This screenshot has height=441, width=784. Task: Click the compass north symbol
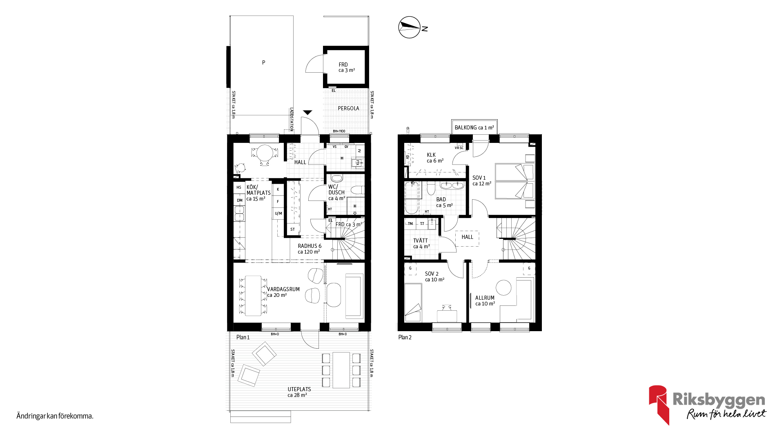coord(410,27)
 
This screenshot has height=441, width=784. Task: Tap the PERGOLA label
coord(348,108)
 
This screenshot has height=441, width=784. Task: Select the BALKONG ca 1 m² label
coord(474,127)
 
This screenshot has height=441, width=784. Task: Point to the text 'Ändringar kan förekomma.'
coord(55,416)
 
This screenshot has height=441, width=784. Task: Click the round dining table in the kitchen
coord(265,153)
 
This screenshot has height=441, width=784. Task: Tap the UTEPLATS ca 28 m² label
coord(299,392)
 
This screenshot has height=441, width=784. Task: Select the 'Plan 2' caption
coord(405,337)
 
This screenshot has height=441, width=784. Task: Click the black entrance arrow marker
coord(307,113)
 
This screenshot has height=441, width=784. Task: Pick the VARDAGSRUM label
coord(283,289)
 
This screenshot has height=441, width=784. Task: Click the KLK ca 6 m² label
coord(435,158)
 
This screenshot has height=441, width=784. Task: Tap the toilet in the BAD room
coord(431,189)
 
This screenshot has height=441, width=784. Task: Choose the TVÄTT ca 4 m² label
coord(421,243)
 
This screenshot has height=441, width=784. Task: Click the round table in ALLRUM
coord(503,287)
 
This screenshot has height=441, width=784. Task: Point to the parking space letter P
coord(263,62)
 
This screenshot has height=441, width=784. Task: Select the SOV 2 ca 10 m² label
coord(434,276)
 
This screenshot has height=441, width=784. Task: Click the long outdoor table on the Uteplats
coord(341,370)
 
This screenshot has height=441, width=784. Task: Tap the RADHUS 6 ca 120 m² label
coord(309,249)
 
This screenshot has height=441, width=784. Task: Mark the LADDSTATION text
coord(292,119)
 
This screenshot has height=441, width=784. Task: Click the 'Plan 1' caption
coord(243,337)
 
